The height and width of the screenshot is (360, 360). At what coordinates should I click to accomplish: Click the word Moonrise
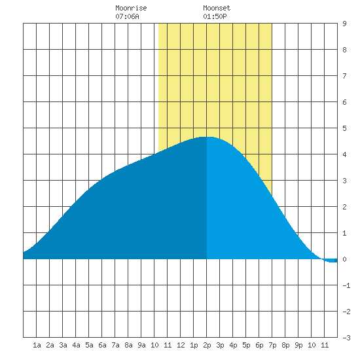click(x=131, y=8)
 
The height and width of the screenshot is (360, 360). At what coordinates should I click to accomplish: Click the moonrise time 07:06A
click(x=127, y=16)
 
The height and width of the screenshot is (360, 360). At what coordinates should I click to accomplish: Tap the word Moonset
click(x=217, y=8)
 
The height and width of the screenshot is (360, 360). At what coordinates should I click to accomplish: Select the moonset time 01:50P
click(x=215, y=16)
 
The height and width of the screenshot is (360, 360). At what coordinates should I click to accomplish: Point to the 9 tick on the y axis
click(x=344, y=24)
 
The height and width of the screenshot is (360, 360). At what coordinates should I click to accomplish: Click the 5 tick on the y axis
click(x=344, y=128)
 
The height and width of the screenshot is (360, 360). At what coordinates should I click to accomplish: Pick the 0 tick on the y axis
click(x=344, y=259)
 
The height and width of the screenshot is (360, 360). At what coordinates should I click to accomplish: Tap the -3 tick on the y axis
click(x=346, y=338)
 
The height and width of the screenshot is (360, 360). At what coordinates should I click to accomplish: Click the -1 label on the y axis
click(x=346, y=285)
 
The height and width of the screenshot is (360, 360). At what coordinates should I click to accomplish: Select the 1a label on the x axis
click(x=37, y=345)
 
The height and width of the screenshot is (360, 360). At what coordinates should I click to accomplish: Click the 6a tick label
click(x=102, y=345)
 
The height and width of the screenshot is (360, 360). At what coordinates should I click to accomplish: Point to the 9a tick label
click(x=141, y=345)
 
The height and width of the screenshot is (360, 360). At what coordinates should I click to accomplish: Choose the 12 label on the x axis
click(x=181, y=345)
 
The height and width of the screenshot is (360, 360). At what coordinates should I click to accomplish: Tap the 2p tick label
click(x=207, y=345)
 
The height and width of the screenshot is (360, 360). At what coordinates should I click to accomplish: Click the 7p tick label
click(x=272, y=345)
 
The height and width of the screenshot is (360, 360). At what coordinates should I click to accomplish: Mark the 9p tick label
click(x=298, y=345)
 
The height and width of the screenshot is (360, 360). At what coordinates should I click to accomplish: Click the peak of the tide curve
click(x=207, y=137)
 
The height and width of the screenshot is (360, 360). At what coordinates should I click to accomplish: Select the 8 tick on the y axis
click(x=344, y=50)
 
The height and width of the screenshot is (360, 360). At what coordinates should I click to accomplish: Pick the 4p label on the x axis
click(x=233, y=345)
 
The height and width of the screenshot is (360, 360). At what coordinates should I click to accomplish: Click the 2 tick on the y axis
click(x=344, y=207)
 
